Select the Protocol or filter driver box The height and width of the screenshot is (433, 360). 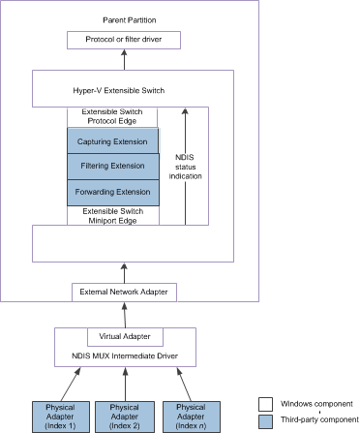(x=125, y=41)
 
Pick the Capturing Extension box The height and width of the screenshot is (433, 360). (x=113, y=141)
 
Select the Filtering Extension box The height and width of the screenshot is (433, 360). (x=113, y=167)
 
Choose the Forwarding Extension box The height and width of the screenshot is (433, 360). (x=113, y=192)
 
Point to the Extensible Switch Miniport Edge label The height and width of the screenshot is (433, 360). (x=113, y=215)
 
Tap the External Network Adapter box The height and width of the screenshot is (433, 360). (x=124, y=292)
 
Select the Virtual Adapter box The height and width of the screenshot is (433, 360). (x=125, y=337)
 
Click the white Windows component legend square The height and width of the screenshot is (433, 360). (x=265, y=403)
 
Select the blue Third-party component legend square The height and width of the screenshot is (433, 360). (x=265, y=421)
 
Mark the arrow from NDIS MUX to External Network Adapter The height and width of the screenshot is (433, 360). (x=125, y=314)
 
